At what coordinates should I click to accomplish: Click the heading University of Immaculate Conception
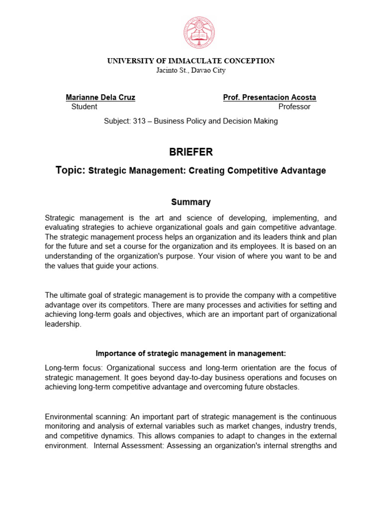click(x=191, y=61)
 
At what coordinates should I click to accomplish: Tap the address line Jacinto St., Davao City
click(x=191, y=70)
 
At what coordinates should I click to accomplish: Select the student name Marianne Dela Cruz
click(x=100, y=97)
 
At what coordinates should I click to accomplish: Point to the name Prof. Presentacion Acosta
click(x=270, y=97)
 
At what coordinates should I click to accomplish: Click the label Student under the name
click(x=85, y=107)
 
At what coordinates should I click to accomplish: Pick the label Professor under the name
click(x=294, y=107)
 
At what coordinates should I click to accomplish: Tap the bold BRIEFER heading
click(x=191, y=152)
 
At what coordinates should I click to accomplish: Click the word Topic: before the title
click(x=71, y=170)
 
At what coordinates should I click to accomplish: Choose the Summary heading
click(x=191, y=202)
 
